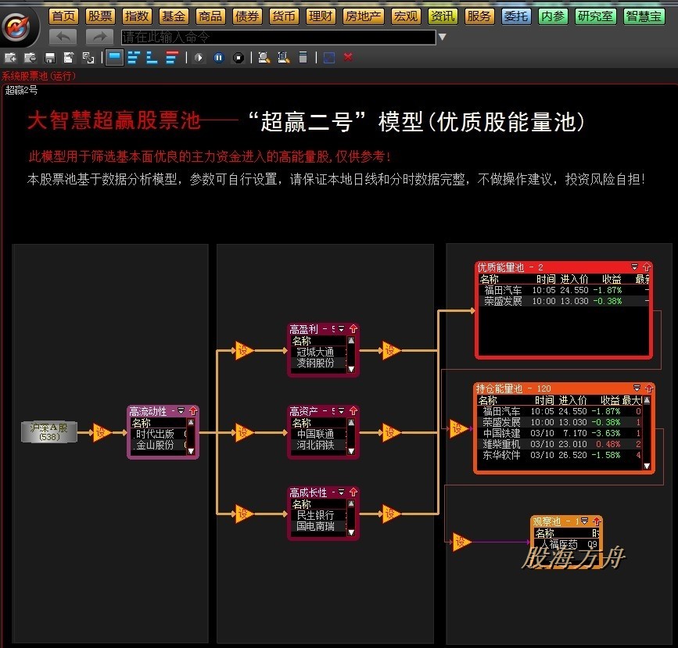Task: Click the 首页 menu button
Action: (x=64, y=16)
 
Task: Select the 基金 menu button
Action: (x=174, y=16)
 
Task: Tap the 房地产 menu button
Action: (x=364, y=16)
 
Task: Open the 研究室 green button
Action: (x=596, y=16)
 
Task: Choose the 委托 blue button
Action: (x=515, y=16)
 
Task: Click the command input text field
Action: (x=278, y=37)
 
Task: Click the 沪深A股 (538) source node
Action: (x=49, y=431)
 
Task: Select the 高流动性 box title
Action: (x=148, y=411)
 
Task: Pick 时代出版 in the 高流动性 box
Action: (x=155, y=434)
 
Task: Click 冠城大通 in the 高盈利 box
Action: (x=315, y=352)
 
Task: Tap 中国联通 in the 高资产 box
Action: (x=315, y=434)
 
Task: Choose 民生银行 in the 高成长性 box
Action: (x=315, y=515)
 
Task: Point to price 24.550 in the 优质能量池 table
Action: (x=574, y=290)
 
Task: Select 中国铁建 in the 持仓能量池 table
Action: (x=501, y=433)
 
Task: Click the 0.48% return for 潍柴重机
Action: (x=608, y=444)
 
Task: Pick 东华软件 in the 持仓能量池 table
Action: (x=501, y=455)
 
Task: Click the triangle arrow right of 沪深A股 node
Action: (x=101, y=432)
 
